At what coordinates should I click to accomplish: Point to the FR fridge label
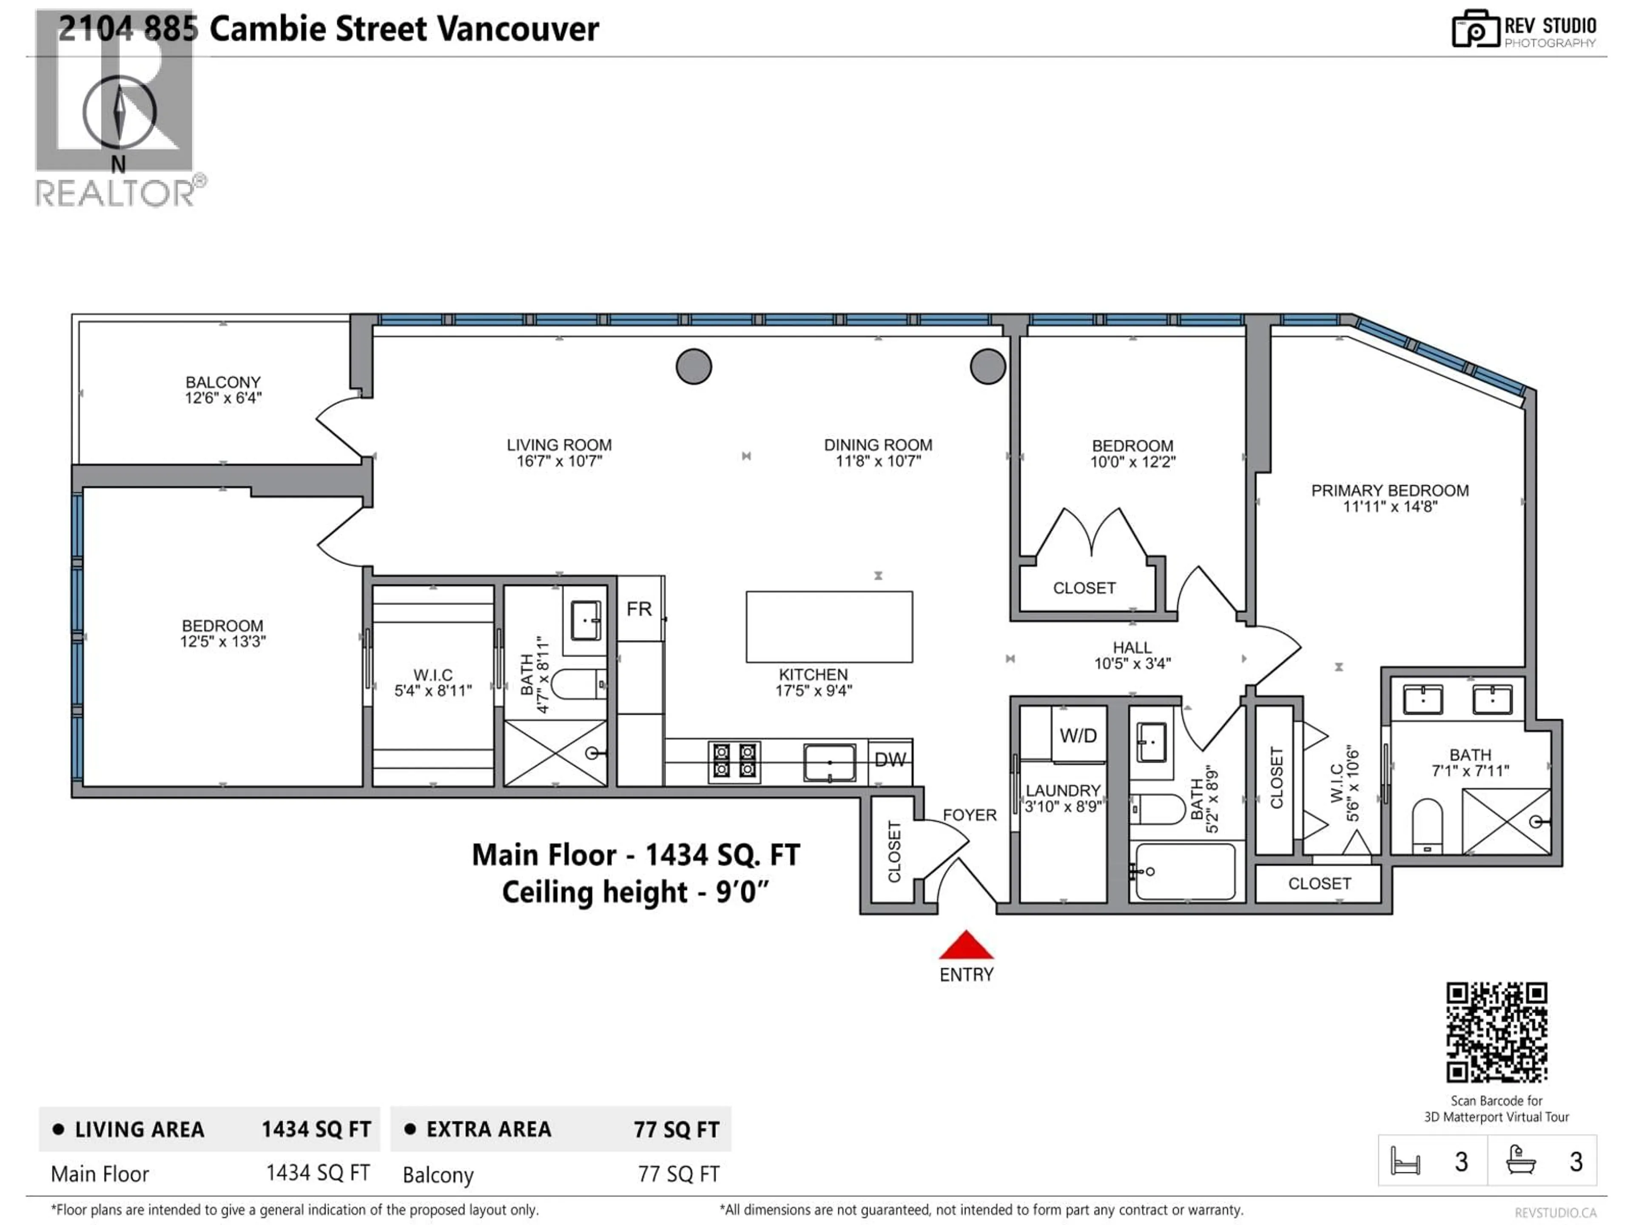[639, 609]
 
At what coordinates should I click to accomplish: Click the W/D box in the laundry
[1078, 735]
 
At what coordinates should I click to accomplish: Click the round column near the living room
[693, 366]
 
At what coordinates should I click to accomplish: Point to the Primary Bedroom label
[1389, 490]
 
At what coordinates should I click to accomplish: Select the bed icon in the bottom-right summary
[1405, 1162]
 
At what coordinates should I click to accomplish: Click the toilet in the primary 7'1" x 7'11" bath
[1427, 825]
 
